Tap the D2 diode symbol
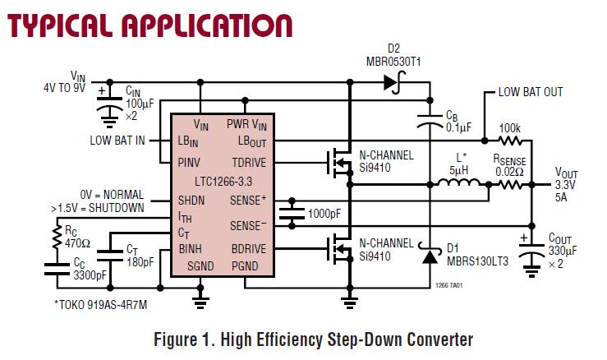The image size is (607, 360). tap(390, 82)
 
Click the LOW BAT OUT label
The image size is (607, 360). tap(530, 92)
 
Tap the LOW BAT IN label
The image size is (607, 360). tap(117, 141)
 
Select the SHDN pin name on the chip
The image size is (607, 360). tap(191, 200)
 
